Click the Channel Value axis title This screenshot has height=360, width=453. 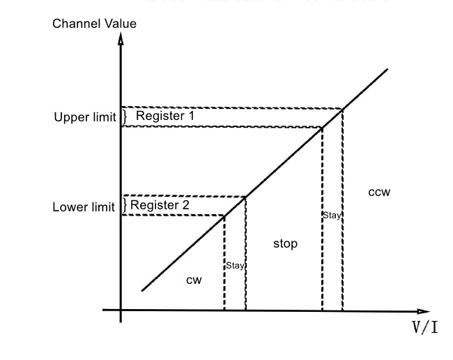94,24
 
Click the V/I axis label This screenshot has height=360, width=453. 424,327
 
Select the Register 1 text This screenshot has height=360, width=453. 164,116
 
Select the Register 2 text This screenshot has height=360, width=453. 159,205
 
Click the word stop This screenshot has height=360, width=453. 284,243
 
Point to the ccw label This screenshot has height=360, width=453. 378,191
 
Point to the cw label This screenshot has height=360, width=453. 194,280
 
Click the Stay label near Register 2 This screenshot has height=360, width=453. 235,265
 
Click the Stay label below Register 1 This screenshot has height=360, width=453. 332,215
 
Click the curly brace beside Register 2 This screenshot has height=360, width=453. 125,205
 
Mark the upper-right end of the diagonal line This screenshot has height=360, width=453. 387,69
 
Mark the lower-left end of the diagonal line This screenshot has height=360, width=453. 142,290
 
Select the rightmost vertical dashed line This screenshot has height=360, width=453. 342,209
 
